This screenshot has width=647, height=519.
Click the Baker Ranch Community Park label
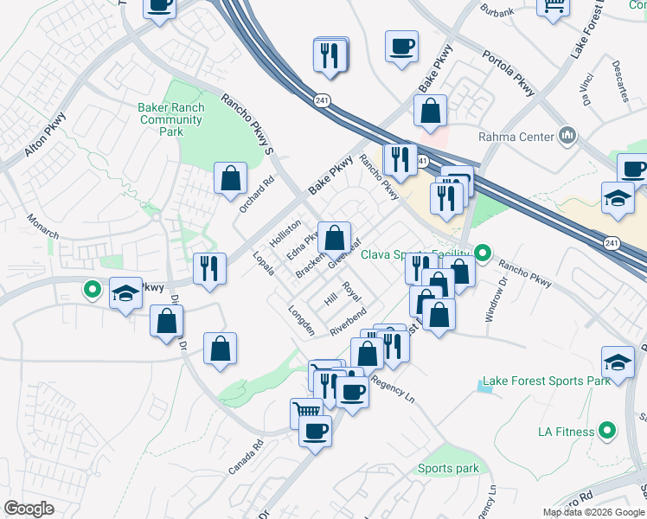171,119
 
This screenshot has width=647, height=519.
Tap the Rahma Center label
516,136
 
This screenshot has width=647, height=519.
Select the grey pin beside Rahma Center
567,135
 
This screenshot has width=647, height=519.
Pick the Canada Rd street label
245,458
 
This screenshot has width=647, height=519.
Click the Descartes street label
619,81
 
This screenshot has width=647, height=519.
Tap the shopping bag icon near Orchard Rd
230,180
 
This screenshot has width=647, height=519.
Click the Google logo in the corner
29,509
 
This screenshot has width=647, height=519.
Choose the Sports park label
448,469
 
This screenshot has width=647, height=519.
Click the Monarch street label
42,226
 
